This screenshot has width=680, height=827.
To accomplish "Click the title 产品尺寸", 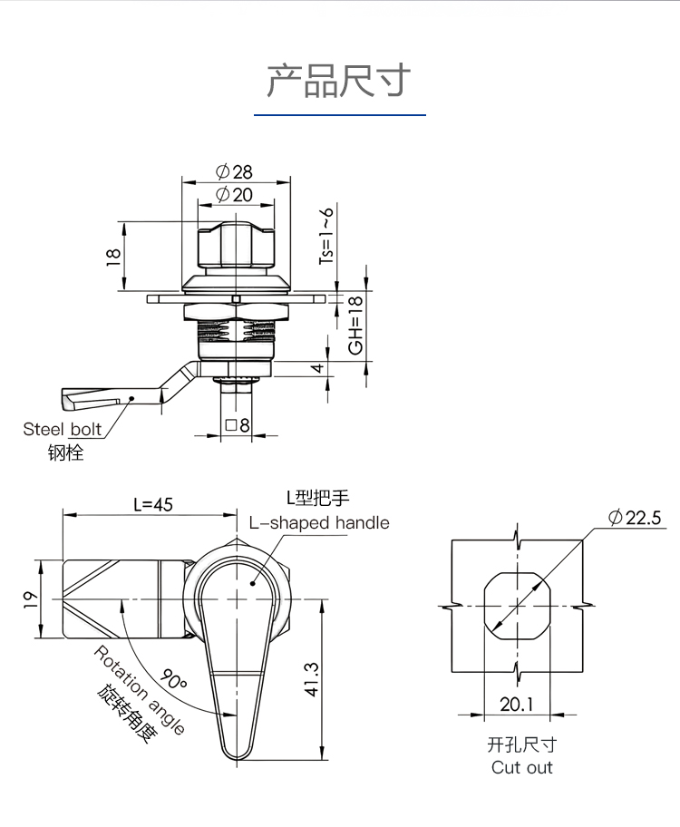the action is coord(339,80).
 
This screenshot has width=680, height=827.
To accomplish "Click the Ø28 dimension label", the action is coord(234,172).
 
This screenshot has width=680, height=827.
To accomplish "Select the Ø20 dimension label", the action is coord(234,195).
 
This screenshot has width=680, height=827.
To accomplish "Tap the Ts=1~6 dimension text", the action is coord(326,236).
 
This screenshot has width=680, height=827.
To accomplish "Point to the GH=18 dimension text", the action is coord(356,325).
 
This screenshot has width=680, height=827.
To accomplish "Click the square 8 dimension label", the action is coord(238,425).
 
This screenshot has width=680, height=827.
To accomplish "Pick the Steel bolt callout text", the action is coord(63,429).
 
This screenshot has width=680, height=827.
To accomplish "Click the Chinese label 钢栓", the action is coord(66,452).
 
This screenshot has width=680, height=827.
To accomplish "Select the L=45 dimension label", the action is coord(153,505).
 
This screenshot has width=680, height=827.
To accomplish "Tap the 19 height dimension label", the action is coord(31,599).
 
